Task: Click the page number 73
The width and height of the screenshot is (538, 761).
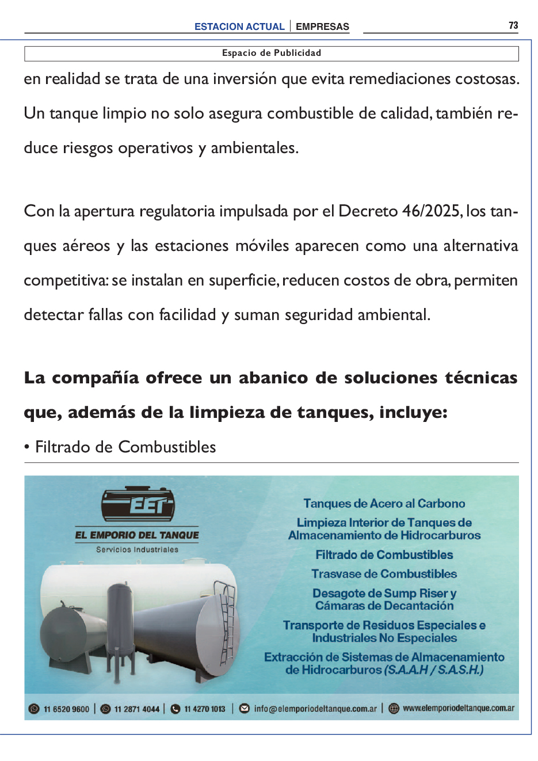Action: coord(513,25)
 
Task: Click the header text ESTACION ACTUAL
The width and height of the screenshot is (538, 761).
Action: coord(239,26)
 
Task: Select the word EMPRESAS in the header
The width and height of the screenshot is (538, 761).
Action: coord(322,26)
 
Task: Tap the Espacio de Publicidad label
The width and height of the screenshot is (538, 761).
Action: coord(272,53)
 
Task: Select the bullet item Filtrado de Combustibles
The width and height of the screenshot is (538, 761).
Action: coord(125,447)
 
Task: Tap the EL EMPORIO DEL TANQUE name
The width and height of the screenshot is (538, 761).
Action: coord(137,535)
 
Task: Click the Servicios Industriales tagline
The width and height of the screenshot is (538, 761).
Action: coord(137,550)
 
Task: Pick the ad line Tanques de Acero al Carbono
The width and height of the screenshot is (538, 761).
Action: coord(384,504)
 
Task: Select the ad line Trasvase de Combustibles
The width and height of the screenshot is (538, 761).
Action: coord(384,574)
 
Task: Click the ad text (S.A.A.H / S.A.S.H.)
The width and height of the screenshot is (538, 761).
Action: coord(434,670)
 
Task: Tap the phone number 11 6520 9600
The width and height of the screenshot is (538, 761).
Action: coord(66,709)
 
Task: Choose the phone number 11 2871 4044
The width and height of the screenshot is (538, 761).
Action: coord(136,709)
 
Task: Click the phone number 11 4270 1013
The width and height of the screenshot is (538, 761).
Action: coord(205,709)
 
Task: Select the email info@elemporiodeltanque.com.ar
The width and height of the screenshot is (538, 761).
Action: coord(315,709)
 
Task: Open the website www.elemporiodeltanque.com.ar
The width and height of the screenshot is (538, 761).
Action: coord(459,709)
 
